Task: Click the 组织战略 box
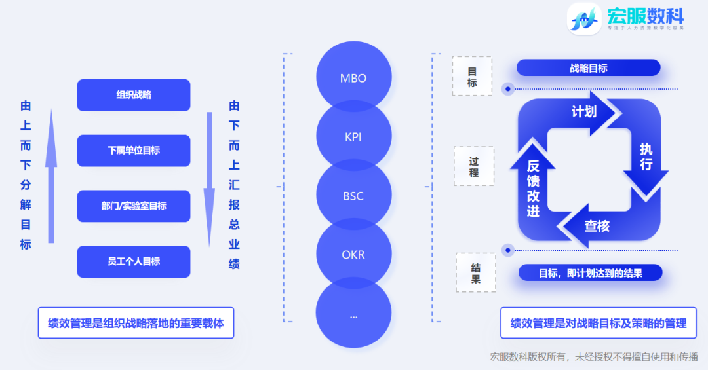coord(134,95)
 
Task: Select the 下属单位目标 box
coord(134,151)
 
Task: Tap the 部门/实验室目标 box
coord(134,206)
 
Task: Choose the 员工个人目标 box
coord(134,262)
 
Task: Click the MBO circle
coord(353,78)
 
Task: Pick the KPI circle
coord(353,138)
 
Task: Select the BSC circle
coord(353,196)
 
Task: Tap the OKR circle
coord(353,255)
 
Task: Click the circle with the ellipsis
coord(353,314)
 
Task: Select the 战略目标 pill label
coord(588,68)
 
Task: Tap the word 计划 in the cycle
coord(584,112)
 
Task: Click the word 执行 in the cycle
coord(646,157)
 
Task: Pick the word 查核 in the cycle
coord(597,227)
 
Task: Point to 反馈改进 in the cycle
coord(533,189)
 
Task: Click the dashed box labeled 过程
coord(473,166)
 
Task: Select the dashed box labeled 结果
coord(475,273)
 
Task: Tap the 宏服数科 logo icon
coord(583,18)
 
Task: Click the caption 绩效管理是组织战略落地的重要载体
coord(136,323)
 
